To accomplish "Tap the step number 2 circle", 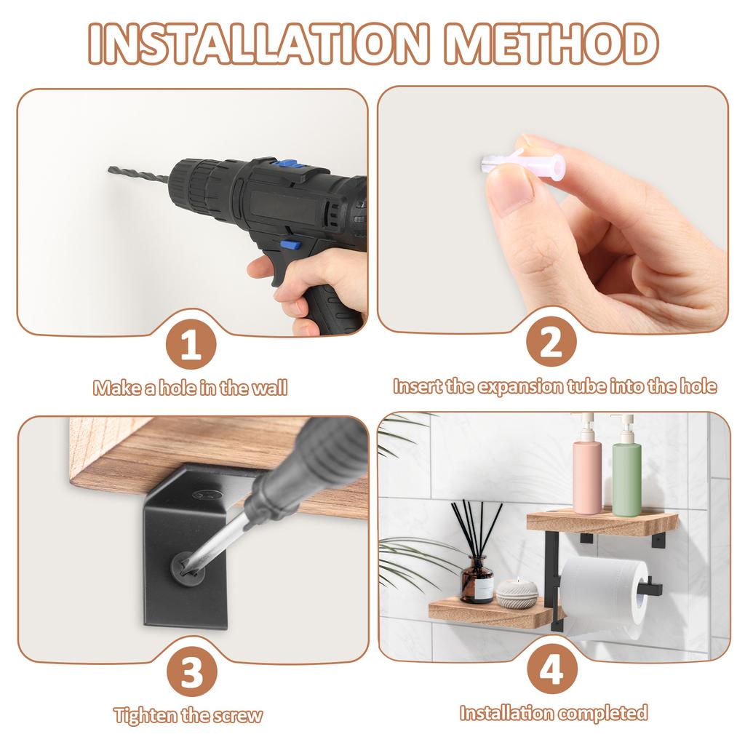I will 551,343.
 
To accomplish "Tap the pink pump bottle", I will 586,469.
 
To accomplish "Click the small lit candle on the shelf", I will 517,593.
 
